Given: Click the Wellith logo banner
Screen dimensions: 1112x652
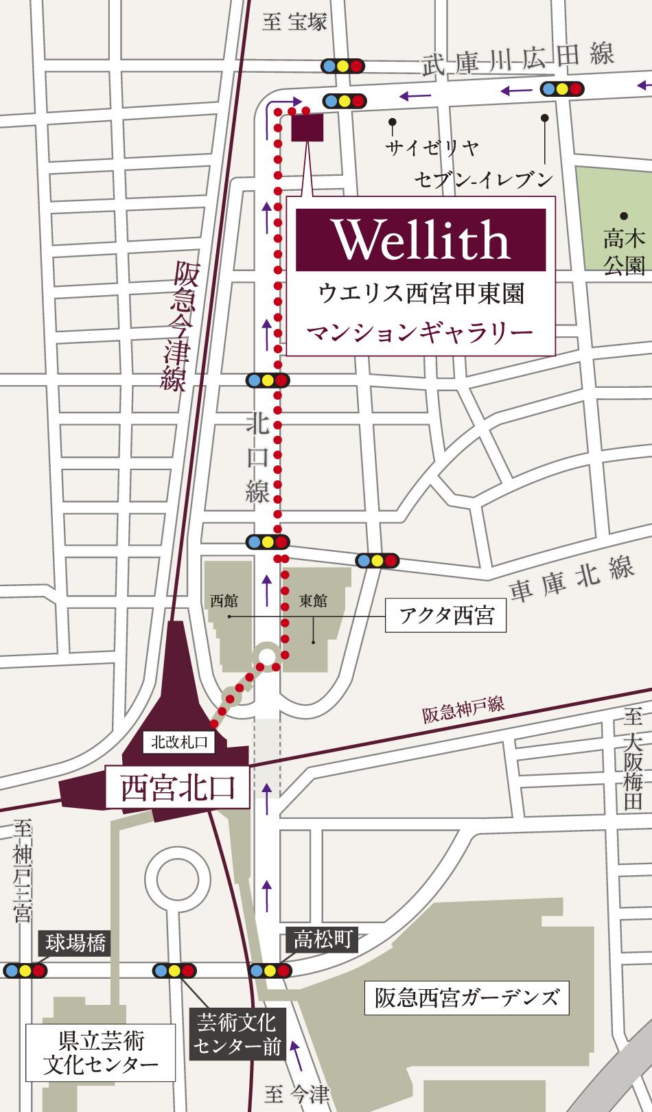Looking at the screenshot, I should tap(421, 240).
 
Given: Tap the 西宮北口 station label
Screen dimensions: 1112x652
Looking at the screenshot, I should tap(178, 787).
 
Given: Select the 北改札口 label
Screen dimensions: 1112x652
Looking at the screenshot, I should tap(178, 741).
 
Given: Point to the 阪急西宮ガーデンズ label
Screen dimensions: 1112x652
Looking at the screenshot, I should tap(467, 997).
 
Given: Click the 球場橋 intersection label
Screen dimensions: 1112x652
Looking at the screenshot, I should tap(76, 944).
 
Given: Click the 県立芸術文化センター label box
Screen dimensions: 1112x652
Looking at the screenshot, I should tap(100, 1052).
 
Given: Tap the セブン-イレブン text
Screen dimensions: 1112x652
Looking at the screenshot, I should tap(483, 180).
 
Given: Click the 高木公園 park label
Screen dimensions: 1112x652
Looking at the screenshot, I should tap(624, 251).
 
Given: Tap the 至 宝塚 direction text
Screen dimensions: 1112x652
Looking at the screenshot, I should tap(294, 22).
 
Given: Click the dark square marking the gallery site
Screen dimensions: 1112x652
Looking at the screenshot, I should tap(307, 128).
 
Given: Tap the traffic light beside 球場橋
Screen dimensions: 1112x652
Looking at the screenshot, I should tap(25, 971).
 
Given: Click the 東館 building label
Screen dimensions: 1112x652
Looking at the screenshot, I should tap(313, 601).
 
